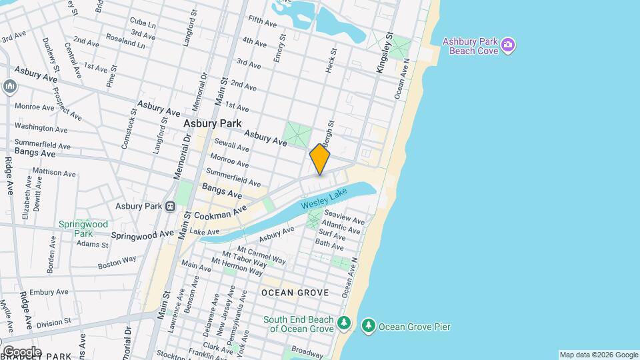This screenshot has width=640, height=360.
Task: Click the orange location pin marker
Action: click(x=320, y=159)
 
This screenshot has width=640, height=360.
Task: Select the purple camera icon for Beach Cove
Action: click(x=508, y=45)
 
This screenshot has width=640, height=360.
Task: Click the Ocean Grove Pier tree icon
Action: click(x=368, y=327)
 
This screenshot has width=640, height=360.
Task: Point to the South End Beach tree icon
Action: click(x=344, y=323)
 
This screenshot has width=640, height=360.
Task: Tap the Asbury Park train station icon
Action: click(x=171, y=207)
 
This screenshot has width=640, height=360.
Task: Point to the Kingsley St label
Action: click(x=385, y=47)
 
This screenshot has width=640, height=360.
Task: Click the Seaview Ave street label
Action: click(x=343, y=220)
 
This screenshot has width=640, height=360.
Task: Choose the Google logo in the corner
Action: click(x=22, y=351)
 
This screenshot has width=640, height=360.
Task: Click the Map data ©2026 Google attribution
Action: click(x=598, y=355)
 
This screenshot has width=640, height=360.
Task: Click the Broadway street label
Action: click(x=307, y=351)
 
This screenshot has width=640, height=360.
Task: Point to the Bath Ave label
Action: click(x=329, y=245)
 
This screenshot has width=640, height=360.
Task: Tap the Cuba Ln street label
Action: click(x=143, y=21)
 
